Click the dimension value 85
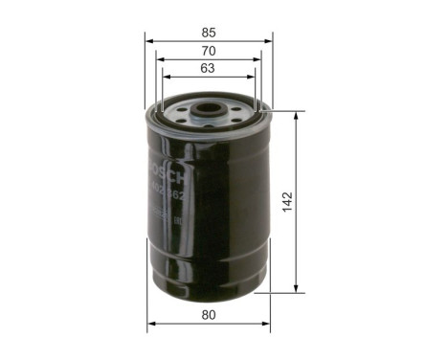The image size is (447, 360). (209, 28)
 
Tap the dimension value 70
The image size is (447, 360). (209, 50)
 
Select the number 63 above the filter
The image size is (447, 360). (209, 69)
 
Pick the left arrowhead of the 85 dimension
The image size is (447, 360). (148, 39)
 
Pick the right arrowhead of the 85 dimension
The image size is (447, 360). (269, 39)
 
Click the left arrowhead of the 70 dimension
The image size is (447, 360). (157, 58)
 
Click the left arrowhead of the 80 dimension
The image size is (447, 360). (149, 325)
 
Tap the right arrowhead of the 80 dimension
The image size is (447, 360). (267, 325)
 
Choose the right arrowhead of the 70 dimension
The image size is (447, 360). (260, 58)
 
